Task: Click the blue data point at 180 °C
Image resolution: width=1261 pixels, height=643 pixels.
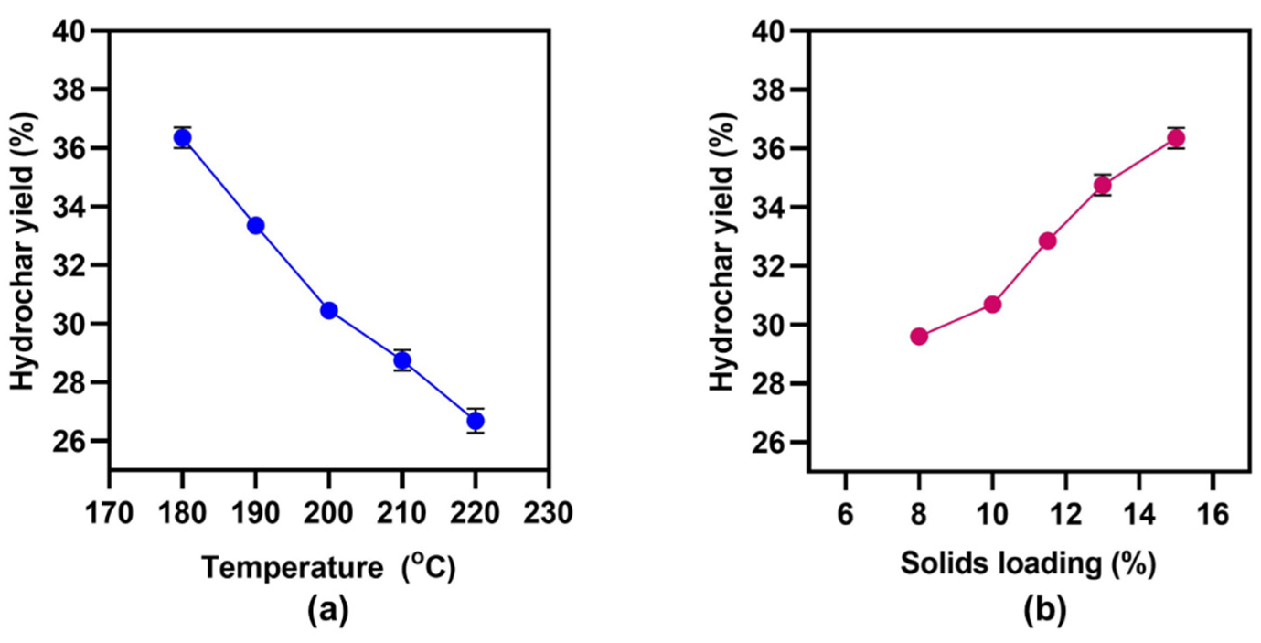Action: tap(182, 138)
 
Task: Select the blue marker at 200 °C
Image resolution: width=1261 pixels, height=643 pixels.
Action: tap(328, 311)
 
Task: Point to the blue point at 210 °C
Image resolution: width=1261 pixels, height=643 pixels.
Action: tap(402, 360)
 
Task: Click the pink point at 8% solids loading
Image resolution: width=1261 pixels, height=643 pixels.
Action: tap(919, 337)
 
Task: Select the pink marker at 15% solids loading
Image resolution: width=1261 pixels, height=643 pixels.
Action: tap(1176, 139)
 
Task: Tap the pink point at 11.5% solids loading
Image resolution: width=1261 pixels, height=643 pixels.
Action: tap(1047, 241)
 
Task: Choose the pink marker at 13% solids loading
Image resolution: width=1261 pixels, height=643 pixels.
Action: tap(1102, 185)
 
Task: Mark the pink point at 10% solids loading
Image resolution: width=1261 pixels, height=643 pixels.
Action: tap(992, 305)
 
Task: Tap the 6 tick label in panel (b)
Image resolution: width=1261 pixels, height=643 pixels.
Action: tap(845, 515)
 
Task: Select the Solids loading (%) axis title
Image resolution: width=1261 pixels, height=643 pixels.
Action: tap(1028, 564)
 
